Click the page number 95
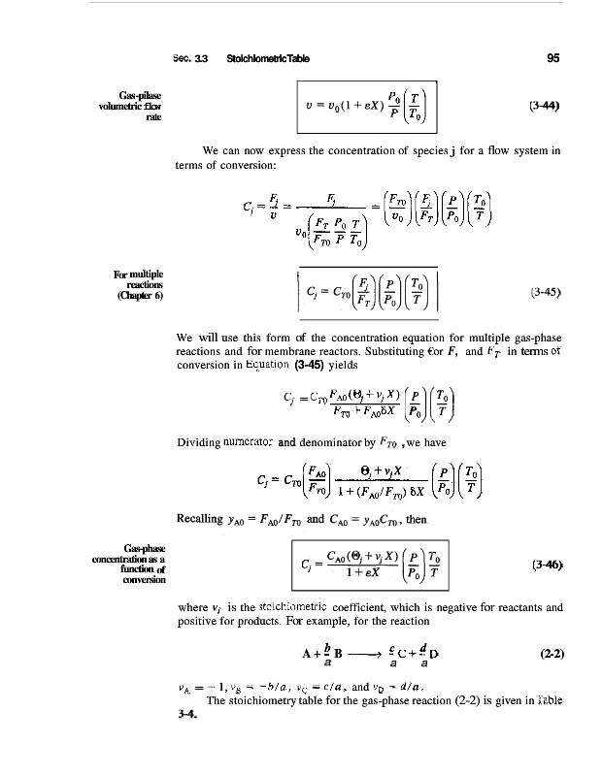click(x=552, y=57)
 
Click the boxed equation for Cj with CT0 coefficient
click(x=366, y=289)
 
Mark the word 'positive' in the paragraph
click(x=202, y=621)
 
